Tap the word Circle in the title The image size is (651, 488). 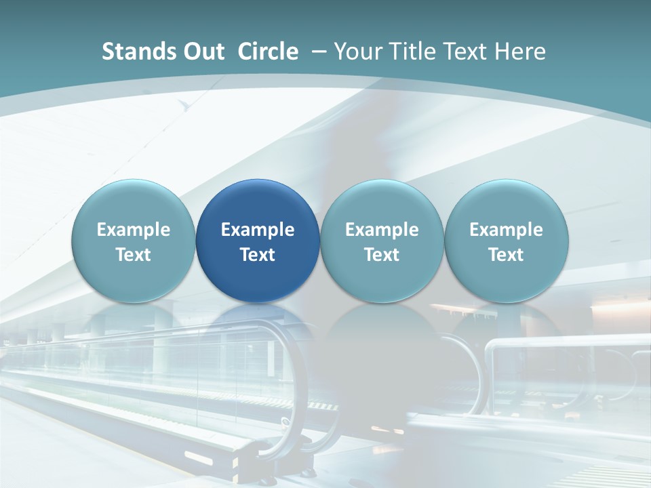268,52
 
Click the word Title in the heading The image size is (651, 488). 413,52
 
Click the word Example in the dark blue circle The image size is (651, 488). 258,230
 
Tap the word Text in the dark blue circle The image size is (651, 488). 258,255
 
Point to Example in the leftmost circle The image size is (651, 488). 134,230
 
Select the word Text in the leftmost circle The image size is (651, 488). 134,255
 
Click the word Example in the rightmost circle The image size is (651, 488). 507,230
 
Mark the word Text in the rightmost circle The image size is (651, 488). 507,255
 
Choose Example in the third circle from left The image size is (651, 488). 382,230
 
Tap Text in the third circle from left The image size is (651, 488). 382,255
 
